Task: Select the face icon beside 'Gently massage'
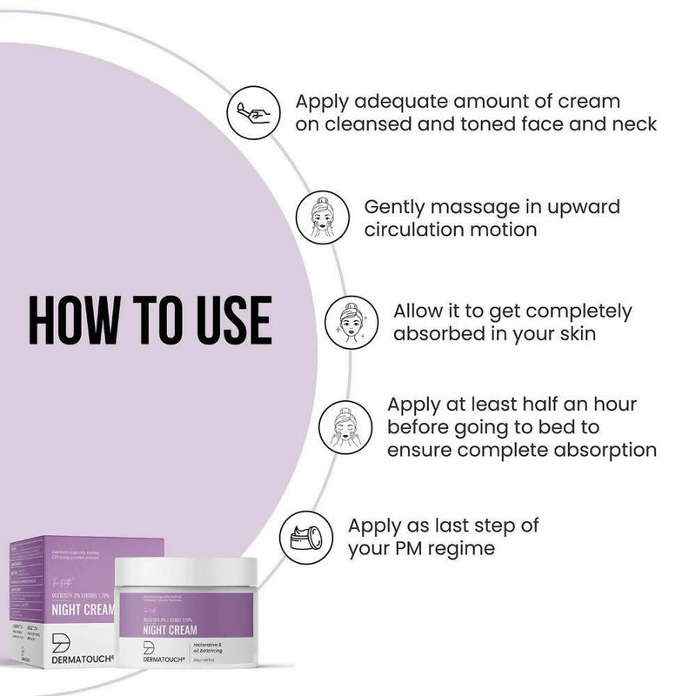click(319, 217)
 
